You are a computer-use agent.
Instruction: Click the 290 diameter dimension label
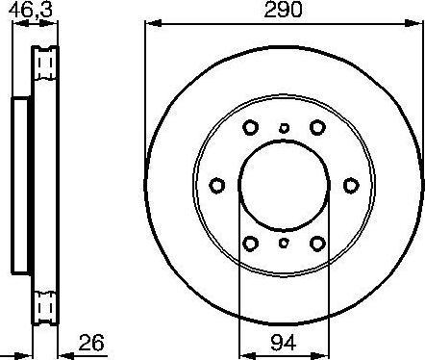(283, 10)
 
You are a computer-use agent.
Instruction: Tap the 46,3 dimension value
(31, 10)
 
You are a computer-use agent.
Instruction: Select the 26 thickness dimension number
(91, 343)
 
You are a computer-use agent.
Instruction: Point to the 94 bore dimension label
(284, 343)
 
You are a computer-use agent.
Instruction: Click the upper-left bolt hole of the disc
(250, 127)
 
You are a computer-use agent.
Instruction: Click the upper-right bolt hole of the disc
(317, 127)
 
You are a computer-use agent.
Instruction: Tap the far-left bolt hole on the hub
(217, 186)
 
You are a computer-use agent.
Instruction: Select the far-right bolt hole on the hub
(351, 186)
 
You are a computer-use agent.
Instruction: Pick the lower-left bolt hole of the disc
(250, 244)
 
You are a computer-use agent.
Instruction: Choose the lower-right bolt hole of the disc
(317, 244)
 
